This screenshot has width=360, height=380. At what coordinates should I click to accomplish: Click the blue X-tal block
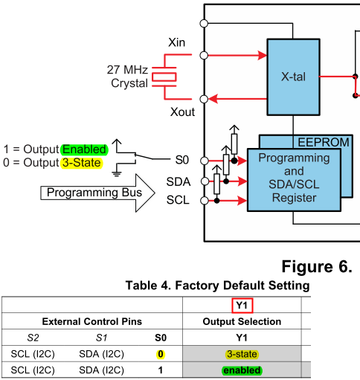[293, 77]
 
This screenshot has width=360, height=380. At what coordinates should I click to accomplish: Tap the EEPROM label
[324, 142]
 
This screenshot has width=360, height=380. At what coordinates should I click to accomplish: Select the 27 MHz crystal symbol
[164, 77]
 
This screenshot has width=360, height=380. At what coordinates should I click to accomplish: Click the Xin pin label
[176, 42]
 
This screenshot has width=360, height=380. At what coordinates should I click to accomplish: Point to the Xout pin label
[182, 112]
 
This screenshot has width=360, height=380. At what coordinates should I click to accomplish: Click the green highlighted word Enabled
[85, 149]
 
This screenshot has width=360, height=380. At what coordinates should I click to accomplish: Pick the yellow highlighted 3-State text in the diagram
[82, 163]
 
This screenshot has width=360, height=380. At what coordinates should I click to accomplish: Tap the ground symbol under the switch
[116, 173]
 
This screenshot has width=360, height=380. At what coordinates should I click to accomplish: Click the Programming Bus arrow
[98, 193]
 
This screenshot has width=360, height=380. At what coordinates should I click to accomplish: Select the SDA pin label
[179, 181]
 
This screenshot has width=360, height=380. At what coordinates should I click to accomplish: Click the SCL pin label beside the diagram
[178, 200]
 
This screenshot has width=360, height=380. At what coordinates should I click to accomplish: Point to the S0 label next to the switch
[182, 160]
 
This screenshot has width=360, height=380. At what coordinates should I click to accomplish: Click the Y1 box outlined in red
[242, 306]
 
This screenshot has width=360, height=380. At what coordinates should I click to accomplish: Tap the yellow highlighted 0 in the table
[161, 354]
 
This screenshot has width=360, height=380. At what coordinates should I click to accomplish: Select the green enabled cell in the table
[242, 370]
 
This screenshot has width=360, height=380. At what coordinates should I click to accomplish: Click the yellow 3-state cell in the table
[242, 354]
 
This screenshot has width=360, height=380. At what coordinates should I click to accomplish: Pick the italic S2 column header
[33, 338]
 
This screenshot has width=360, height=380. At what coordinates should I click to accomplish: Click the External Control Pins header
[92, 321]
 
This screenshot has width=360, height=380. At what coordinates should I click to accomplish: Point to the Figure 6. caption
[317, 267]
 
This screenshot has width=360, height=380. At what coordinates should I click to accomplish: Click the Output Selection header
[242, 321]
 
